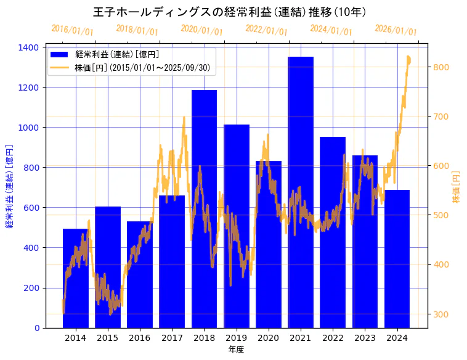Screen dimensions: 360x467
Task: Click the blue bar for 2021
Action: [x=301, y=192]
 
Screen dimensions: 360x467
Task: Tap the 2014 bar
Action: [x=75, y=278]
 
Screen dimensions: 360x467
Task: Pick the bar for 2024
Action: [x=397, y=258]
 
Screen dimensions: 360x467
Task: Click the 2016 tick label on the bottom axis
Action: [x=140, y=338]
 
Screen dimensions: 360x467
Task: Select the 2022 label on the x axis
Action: [x=333, y=338]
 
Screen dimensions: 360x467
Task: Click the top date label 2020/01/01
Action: [x=201, y=30]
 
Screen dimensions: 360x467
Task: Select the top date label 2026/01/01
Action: [x=396, y=30]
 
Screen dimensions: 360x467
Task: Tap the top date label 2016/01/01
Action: [x=72, y=30]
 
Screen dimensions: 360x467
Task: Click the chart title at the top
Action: [x=233, y=12]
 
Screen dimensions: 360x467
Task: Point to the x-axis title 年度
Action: [x=236, y=350]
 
